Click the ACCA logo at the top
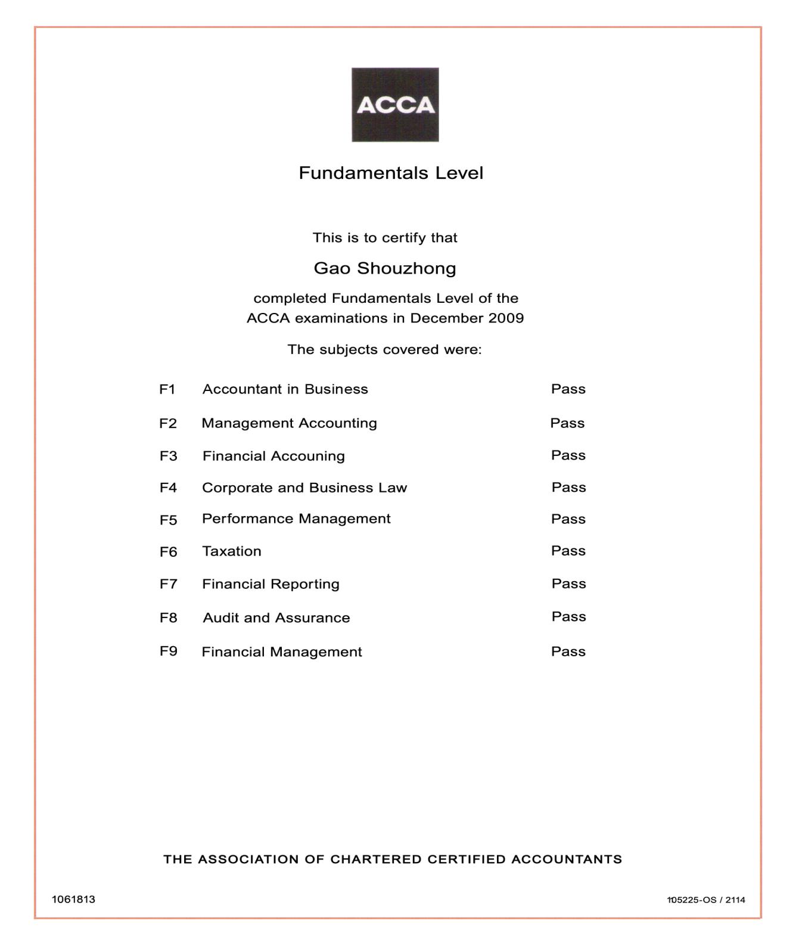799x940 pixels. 395,105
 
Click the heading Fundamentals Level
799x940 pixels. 391,173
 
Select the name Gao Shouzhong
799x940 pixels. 385,268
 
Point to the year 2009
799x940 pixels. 506,318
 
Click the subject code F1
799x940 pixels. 167,389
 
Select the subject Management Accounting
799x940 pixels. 289,423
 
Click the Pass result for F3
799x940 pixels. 568,455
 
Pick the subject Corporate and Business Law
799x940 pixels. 304,488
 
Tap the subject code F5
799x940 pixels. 168,520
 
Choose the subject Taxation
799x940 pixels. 232,551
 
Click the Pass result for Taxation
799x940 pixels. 568,551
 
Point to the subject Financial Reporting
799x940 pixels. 271,584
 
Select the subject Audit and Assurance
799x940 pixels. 276,618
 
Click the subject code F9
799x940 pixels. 168,651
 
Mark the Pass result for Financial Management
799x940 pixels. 568,652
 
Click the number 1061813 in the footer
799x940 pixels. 73,899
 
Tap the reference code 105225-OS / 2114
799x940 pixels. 706,899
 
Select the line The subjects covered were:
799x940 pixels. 385,349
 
